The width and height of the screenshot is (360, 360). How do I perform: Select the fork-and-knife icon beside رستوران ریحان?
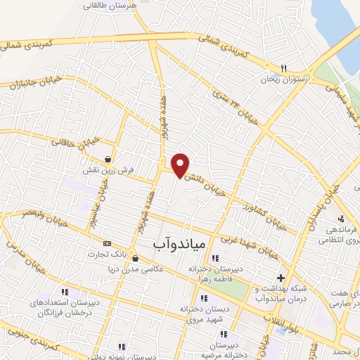click(x=283, y=68)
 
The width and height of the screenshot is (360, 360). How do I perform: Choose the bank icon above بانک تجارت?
click(x=107, y=243)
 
